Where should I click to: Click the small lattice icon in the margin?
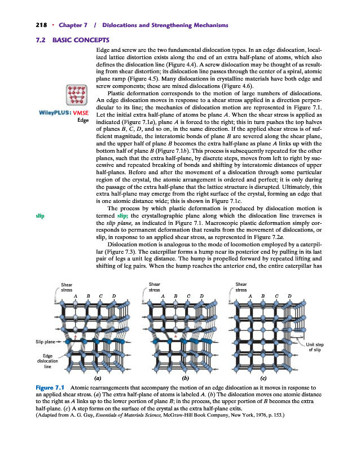(77, 95)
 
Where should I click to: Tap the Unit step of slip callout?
(315, 347)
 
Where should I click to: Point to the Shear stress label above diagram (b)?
(153, 287)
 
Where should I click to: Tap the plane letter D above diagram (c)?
(290, 295)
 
